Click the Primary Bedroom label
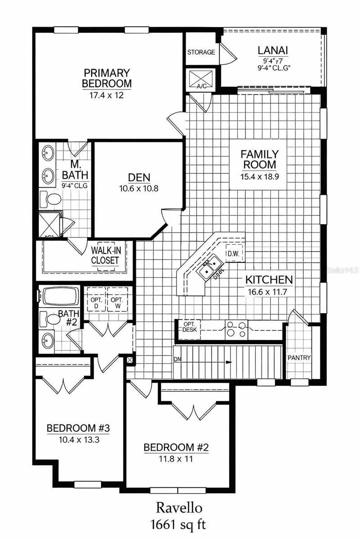pyautogui.click(x=107, y=78)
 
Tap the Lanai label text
pyautogui.click(x=273, y=51)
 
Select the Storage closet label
pyautogui.click(x=201, y=52)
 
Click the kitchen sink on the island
pyautogui.click(x=209, y=266)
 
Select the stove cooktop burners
pyautogui.click(x=236, y=328)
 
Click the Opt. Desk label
pyautogui.click(x=188, y=326)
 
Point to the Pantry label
pyautogui.click(x=299, y=358)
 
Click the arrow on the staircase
pyautogui.click(x=229, y=362)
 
